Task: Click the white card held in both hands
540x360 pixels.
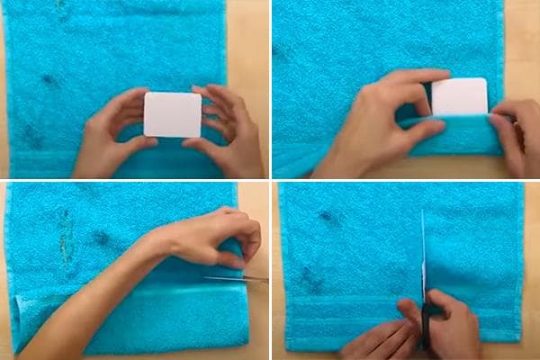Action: click(x=172, y=114)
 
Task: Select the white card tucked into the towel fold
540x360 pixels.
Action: click(x=460, y=96)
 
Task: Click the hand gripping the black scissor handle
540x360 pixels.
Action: click(x=454, y=324)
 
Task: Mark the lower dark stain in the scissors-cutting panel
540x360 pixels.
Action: click(x=311, y=279)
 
